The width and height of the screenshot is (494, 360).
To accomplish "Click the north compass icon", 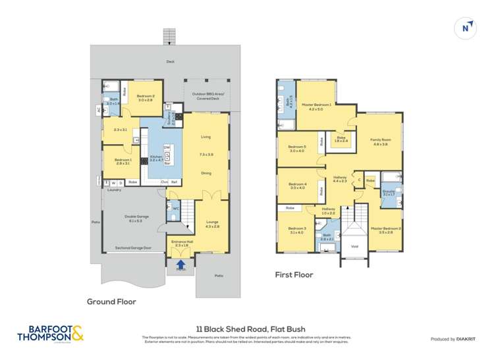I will coord(466,27).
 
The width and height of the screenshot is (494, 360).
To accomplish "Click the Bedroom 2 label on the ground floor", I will coord(146,98).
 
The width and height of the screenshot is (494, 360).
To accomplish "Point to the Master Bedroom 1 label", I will coord(317,107).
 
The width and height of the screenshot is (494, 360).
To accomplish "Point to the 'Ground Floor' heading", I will coord(111,301).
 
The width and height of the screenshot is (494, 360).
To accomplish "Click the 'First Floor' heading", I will coord(294,274).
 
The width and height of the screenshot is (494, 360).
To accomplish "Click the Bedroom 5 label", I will coord(298,148).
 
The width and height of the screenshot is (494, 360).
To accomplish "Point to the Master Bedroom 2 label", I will coord(385,230).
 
